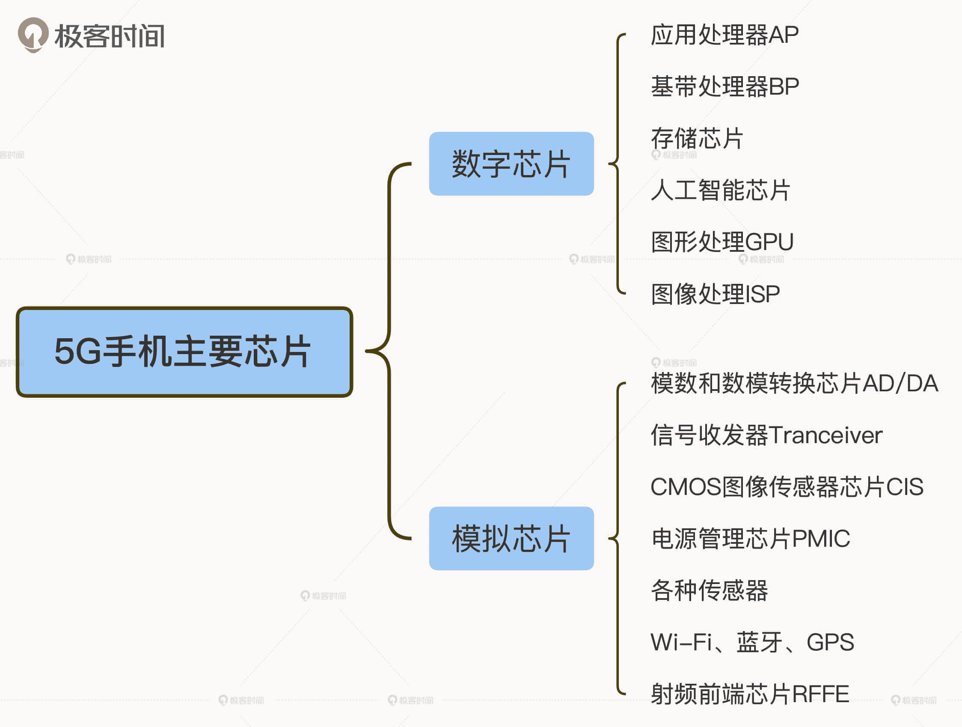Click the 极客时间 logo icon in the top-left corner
click(33, 34)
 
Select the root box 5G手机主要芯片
click(184, 352)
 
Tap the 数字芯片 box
click(511, 164)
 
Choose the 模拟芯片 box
click(511, 538)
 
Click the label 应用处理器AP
click(724, 35)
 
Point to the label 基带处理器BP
click(724, 86)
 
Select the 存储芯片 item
click(697, 138)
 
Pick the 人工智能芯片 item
click(720, 190)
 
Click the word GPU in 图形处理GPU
click(769, 242)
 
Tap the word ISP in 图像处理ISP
click(762, 294)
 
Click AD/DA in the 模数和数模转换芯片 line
click(900, 383)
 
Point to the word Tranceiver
click(825, 435)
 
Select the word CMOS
click(686, 486)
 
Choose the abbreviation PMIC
click(821, 539)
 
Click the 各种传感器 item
click(710, 590)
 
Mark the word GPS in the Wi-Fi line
click(830, 642)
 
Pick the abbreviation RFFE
click(820, 694)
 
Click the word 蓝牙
click(759, 642)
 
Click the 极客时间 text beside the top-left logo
click(110, 36)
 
